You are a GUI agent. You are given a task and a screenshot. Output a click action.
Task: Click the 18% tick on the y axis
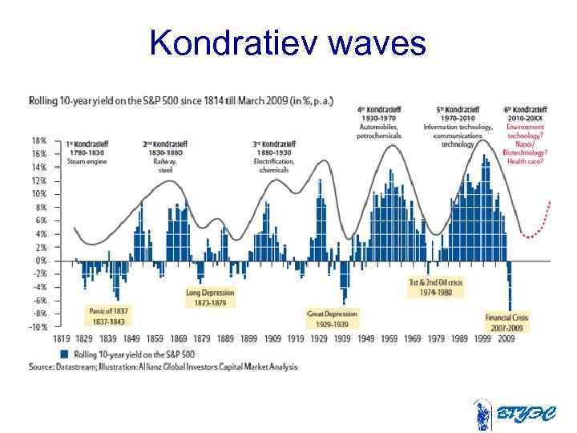pyautogui.click(x=38, y=140)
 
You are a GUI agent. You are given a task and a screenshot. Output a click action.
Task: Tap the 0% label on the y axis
pyautogui.click(x=39, y=261)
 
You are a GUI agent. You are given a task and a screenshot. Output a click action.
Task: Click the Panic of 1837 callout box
pyautogui.click(x=107, y=315)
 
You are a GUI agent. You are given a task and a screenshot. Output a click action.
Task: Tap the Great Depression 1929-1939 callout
pyautogui.click(x=332, y=318)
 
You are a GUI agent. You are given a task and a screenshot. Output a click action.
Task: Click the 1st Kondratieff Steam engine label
pyautogui.click(x=87, y=152)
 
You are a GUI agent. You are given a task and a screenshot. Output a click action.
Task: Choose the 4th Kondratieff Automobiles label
pyautogui.click(x=378, y=121)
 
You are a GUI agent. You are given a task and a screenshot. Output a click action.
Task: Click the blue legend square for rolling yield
pyautogui.click(x=63, y=353)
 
